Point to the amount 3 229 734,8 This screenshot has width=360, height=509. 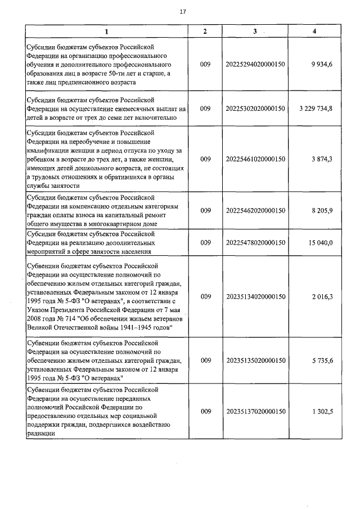coord(313,108)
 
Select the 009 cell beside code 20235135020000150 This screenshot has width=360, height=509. coord(205,361)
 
